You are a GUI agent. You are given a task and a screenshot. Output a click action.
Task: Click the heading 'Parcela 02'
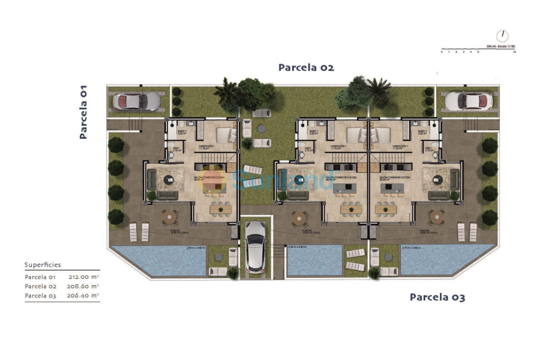[x=305, y=68]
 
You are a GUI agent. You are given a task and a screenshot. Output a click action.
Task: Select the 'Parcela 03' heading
[x=437, y=297]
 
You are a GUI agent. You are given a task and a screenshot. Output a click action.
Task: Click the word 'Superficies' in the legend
[x=43, y=265]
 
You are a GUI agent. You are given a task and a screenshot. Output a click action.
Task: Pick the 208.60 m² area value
[x=83, y=286]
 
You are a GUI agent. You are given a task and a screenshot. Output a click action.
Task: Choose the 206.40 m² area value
[x=83, y=295]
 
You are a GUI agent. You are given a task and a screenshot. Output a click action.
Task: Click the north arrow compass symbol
[x=502, y=36]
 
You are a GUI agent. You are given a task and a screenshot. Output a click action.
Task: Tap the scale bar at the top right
[x=478, y=49]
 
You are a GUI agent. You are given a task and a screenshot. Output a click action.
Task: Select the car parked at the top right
[x=474, y=101]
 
